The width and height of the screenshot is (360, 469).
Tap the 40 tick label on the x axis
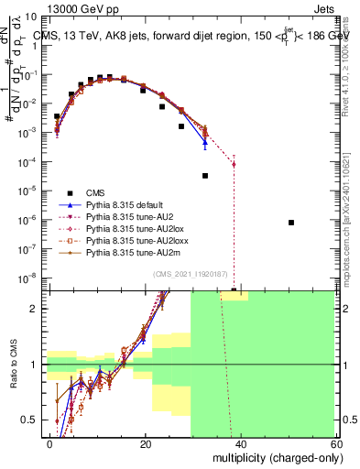click(240, 442)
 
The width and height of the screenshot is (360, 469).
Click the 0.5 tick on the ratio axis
click(35, 420)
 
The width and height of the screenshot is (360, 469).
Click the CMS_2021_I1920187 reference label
click(191, 275)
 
